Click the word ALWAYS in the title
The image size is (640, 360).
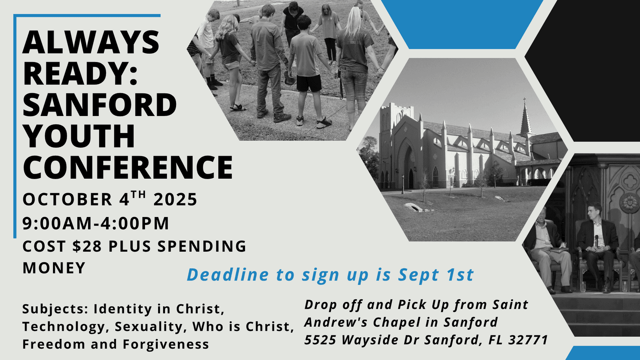pyautogui.click(x=91, y=42)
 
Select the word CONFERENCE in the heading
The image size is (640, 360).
pyautogui.click(x=128, y=167)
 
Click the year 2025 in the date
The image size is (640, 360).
pyautogui.click(x=175, y=199)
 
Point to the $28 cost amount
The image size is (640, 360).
pyautogui.click(x=87, y=246)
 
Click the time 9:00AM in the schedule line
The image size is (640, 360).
pyautogui.click(x=57, y=223)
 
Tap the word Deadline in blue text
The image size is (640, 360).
pyautogui.click(x=228, y=275)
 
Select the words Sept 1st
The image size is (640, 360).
pyautogui.click(x=436, y=275)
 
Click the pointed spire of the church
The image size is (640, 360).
pyautogui.click(x=525, y=116)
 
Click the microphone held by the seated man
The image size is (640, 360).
pyautogui.click(x=596, y=240)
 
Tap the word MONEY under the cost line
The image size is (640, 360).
pyautogui.click(x=54, y=268)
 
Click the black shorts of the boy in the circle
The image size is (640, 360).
pyautogui.click(x=309, y=83)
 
